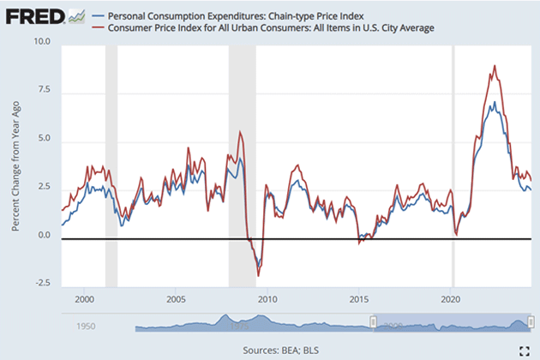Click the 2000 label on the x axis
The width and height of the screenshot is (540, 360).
[x=84, y=300]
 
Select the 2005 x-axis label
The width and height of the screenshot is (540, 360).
[x=176, y=300]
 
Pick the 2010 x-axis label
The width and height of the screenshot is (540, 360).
[x=267, y=300]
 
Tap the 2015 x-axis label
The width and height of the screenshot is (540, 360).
[x=359, y=300]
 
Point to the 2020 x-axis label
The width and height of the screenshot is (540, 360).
[x=451, y=300]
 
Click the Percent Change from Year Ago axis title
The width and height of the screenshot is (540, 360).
[x=16, y=163]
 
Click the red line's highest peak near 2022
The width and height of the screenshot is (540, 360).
[x=495, y=66]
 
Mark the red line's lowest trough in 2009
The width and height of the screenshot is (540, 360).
[x=259, y=276]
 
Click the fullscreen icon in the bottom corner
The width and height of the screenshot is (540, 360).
[x=523, y=349]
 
